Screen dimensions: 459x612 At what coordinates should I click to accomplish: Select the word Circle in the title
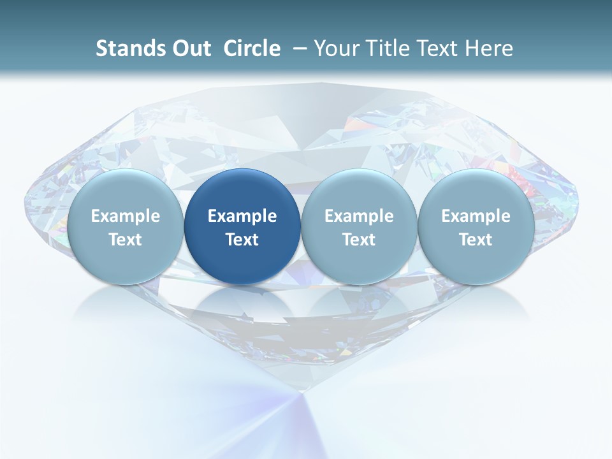[x=252, y=48]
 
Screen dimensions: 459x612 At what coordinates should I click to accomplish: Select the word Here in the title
[x=492, y=48]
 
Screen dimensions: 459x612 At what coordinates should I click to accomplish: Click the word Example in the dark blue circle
[x=242, y=216]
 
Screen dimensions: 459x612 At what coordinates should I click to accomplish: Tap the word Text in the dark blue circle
[x=242, y=240]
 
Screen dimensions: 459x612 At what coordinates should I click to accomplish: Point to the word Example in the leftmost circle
[x=126, y=216]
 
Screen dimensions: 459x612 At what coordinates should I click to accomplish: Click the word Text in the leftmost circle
[x=126, y=240]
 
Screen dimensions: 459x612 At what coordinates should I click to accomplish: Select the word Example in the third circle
[x=359, y=216]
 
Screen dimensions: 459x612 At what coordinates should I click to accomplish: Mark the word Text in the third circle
[x=359, y=240]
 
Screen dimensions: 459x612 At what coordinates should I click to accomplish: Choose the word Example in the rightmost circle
[x=476, y=216]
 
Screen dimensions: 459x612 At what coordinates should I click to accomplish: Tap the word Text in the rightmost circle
[x=476, y=240]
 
